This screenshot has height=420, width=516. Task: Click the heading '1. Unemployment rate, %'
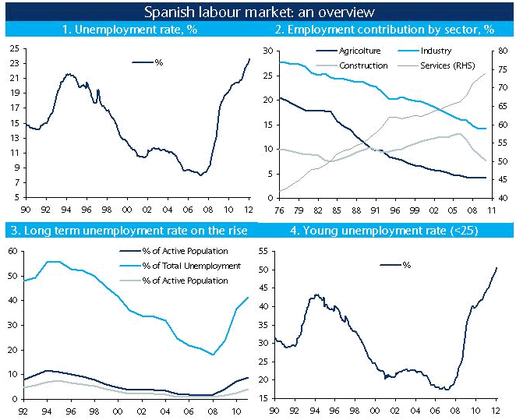tap(129, 30)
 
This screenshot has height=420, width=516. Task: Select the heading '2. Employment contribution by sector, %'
tap(384, 30)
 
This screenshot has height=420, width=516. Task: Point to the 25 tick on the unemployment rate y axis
tap(14, 48)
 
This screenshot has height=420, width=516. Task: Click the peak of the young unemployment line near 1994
tap(316, 295)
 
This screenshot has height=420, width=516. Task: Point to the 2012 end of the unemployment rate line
tap(249, 59)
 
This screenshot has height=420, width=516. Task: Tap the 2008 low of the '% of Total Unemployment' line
tap(213, 355)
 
